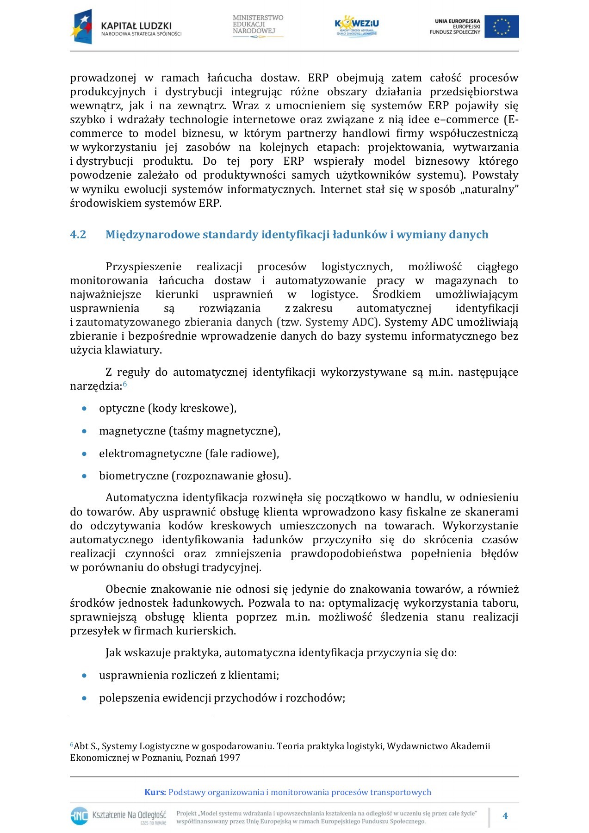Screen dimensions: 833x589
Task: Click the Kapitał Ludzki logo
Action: pos(125,27)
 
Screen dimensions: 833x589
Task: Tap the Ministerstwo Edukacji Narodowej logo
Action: pos(258,26)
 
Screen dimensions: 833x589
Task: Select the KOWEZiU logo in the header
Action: pos(356,26)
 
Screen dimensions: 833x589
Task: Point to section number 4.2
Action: pos(78,235)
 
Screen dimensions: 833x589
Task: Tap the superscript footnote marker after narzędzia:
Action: pos(125,384)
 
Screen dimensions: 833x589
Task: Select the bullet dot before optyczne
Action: pos(84,409)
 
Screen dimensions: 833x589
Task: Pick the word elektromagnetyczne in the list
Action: pos(150,454)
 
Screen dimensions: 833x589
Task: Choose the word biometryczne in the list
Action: pos(134,476)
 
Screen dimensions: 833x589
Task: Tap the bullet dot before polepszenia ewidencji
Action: pos(84,698)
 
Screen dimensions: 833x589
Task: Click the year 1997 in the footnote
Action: pos(230,758)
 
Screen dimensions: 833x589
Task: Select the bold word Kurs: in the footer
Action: pos(155,792)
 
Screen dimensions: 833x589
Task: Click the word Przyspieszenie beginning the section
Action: pos(143,267)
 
